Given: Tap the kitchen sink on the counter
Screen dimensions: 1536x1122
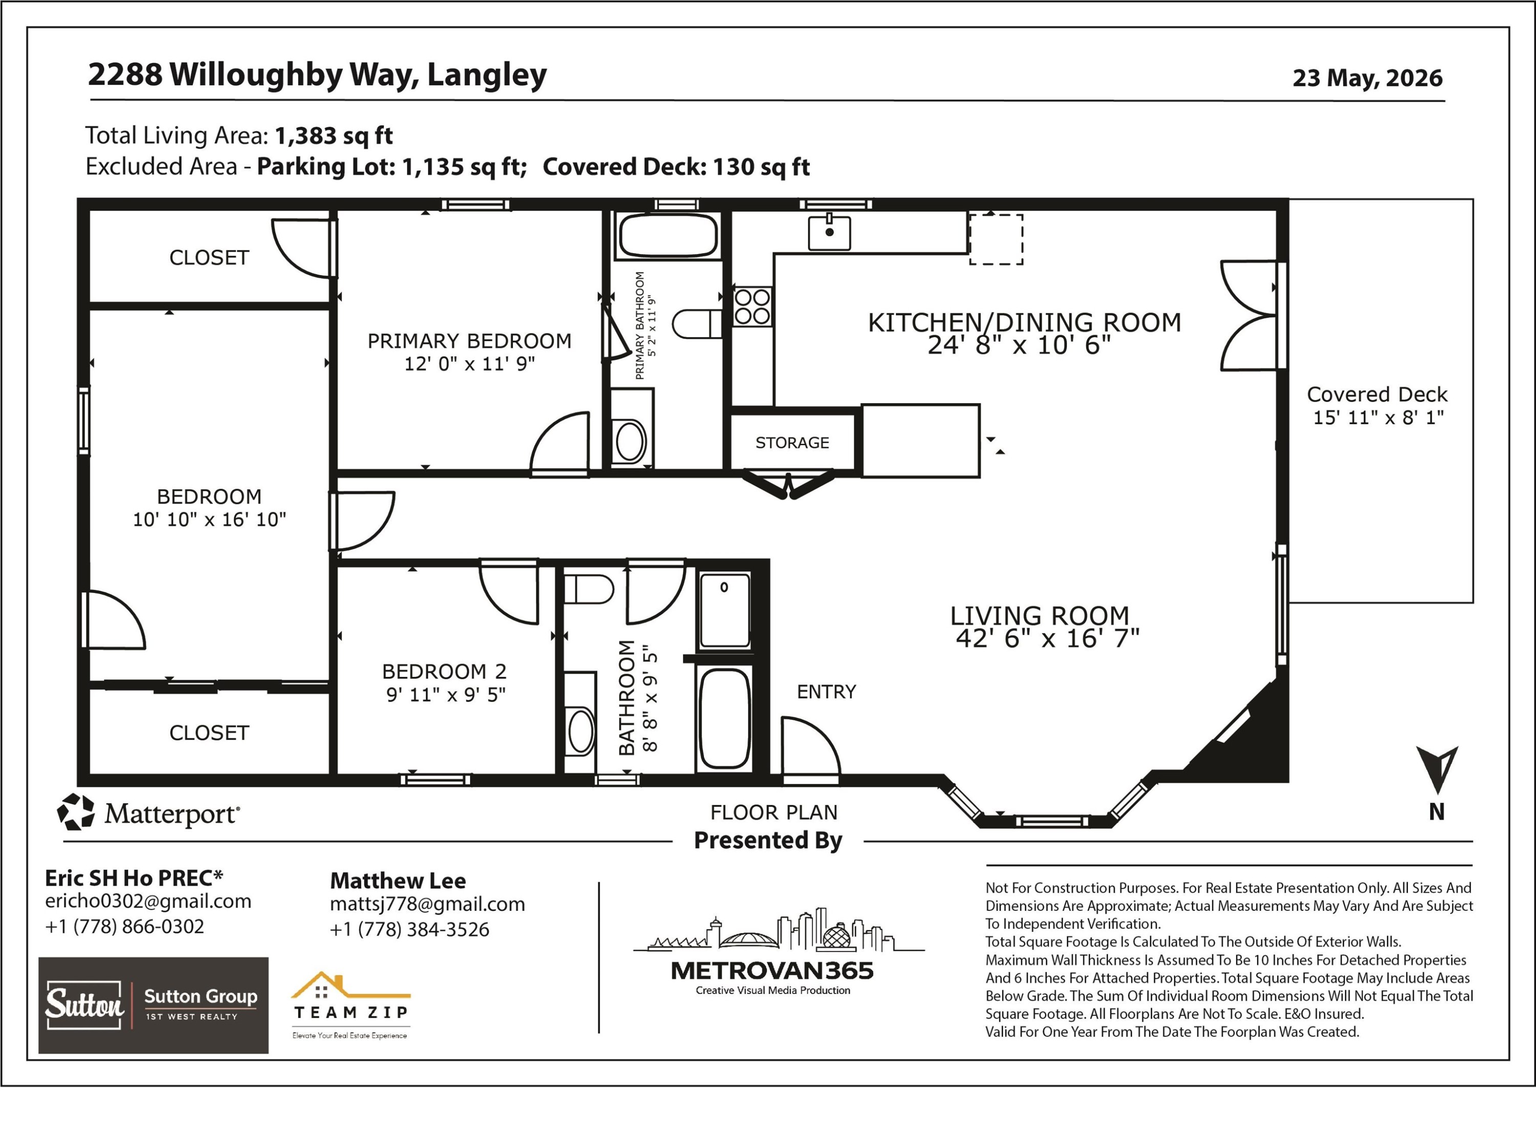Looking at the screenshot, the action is (x=829, y=232).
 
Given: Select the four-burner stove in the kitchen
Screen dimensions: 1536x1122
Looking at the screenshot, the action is (x=752, y=306).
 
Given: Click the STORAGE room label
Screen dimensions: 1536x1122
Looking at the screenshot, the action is (x=792, y=443).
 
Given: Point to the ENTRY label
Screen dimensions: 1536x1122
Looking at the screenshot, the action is (x=826, y=692).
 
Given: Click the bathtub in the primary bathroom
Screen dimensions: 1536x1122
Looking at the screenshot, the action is (x=668, y=236).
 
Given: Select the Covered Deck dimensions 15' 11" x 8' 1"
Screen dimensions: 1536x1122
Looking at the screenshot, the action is (x=1378, y=417).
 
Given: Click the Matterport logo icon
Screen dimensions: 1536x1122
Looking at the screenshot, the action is (x=75, y=812).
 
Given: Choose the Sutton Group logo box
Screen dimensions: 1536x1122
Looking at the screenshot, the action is (x=154, y=1005).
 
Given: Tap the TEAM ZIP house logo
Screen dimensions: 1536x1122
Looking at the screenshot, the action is (x=350, y=1006).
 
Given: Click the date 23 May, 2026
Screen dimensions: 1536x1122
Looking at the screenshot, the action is (x=1367, y=78).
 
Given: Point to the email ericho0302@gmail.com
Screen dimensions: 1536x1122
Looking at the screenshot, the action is (x=148, y=901).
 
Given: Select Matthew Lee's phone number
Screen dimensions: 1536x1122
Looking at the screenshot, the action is (x=409, y=929).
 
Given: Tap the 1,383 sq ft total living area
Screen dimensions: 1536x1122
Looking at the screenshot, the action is (x=333, y=135).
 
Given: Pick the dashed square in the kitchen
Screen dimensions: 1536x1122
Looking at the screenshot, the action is (x=996, y=239).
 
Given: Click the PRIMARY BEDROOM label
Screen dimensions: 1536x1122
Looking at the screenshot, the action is (x=470, y=341).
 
